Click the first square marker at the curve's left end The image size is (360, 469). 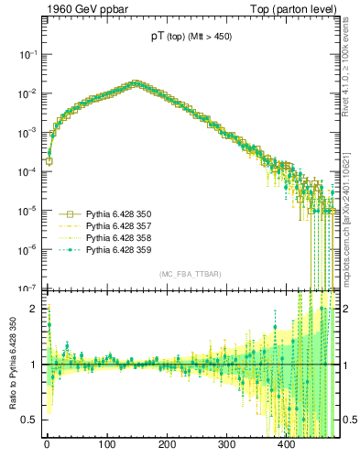pyautogui.click(x=49, y=161)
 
